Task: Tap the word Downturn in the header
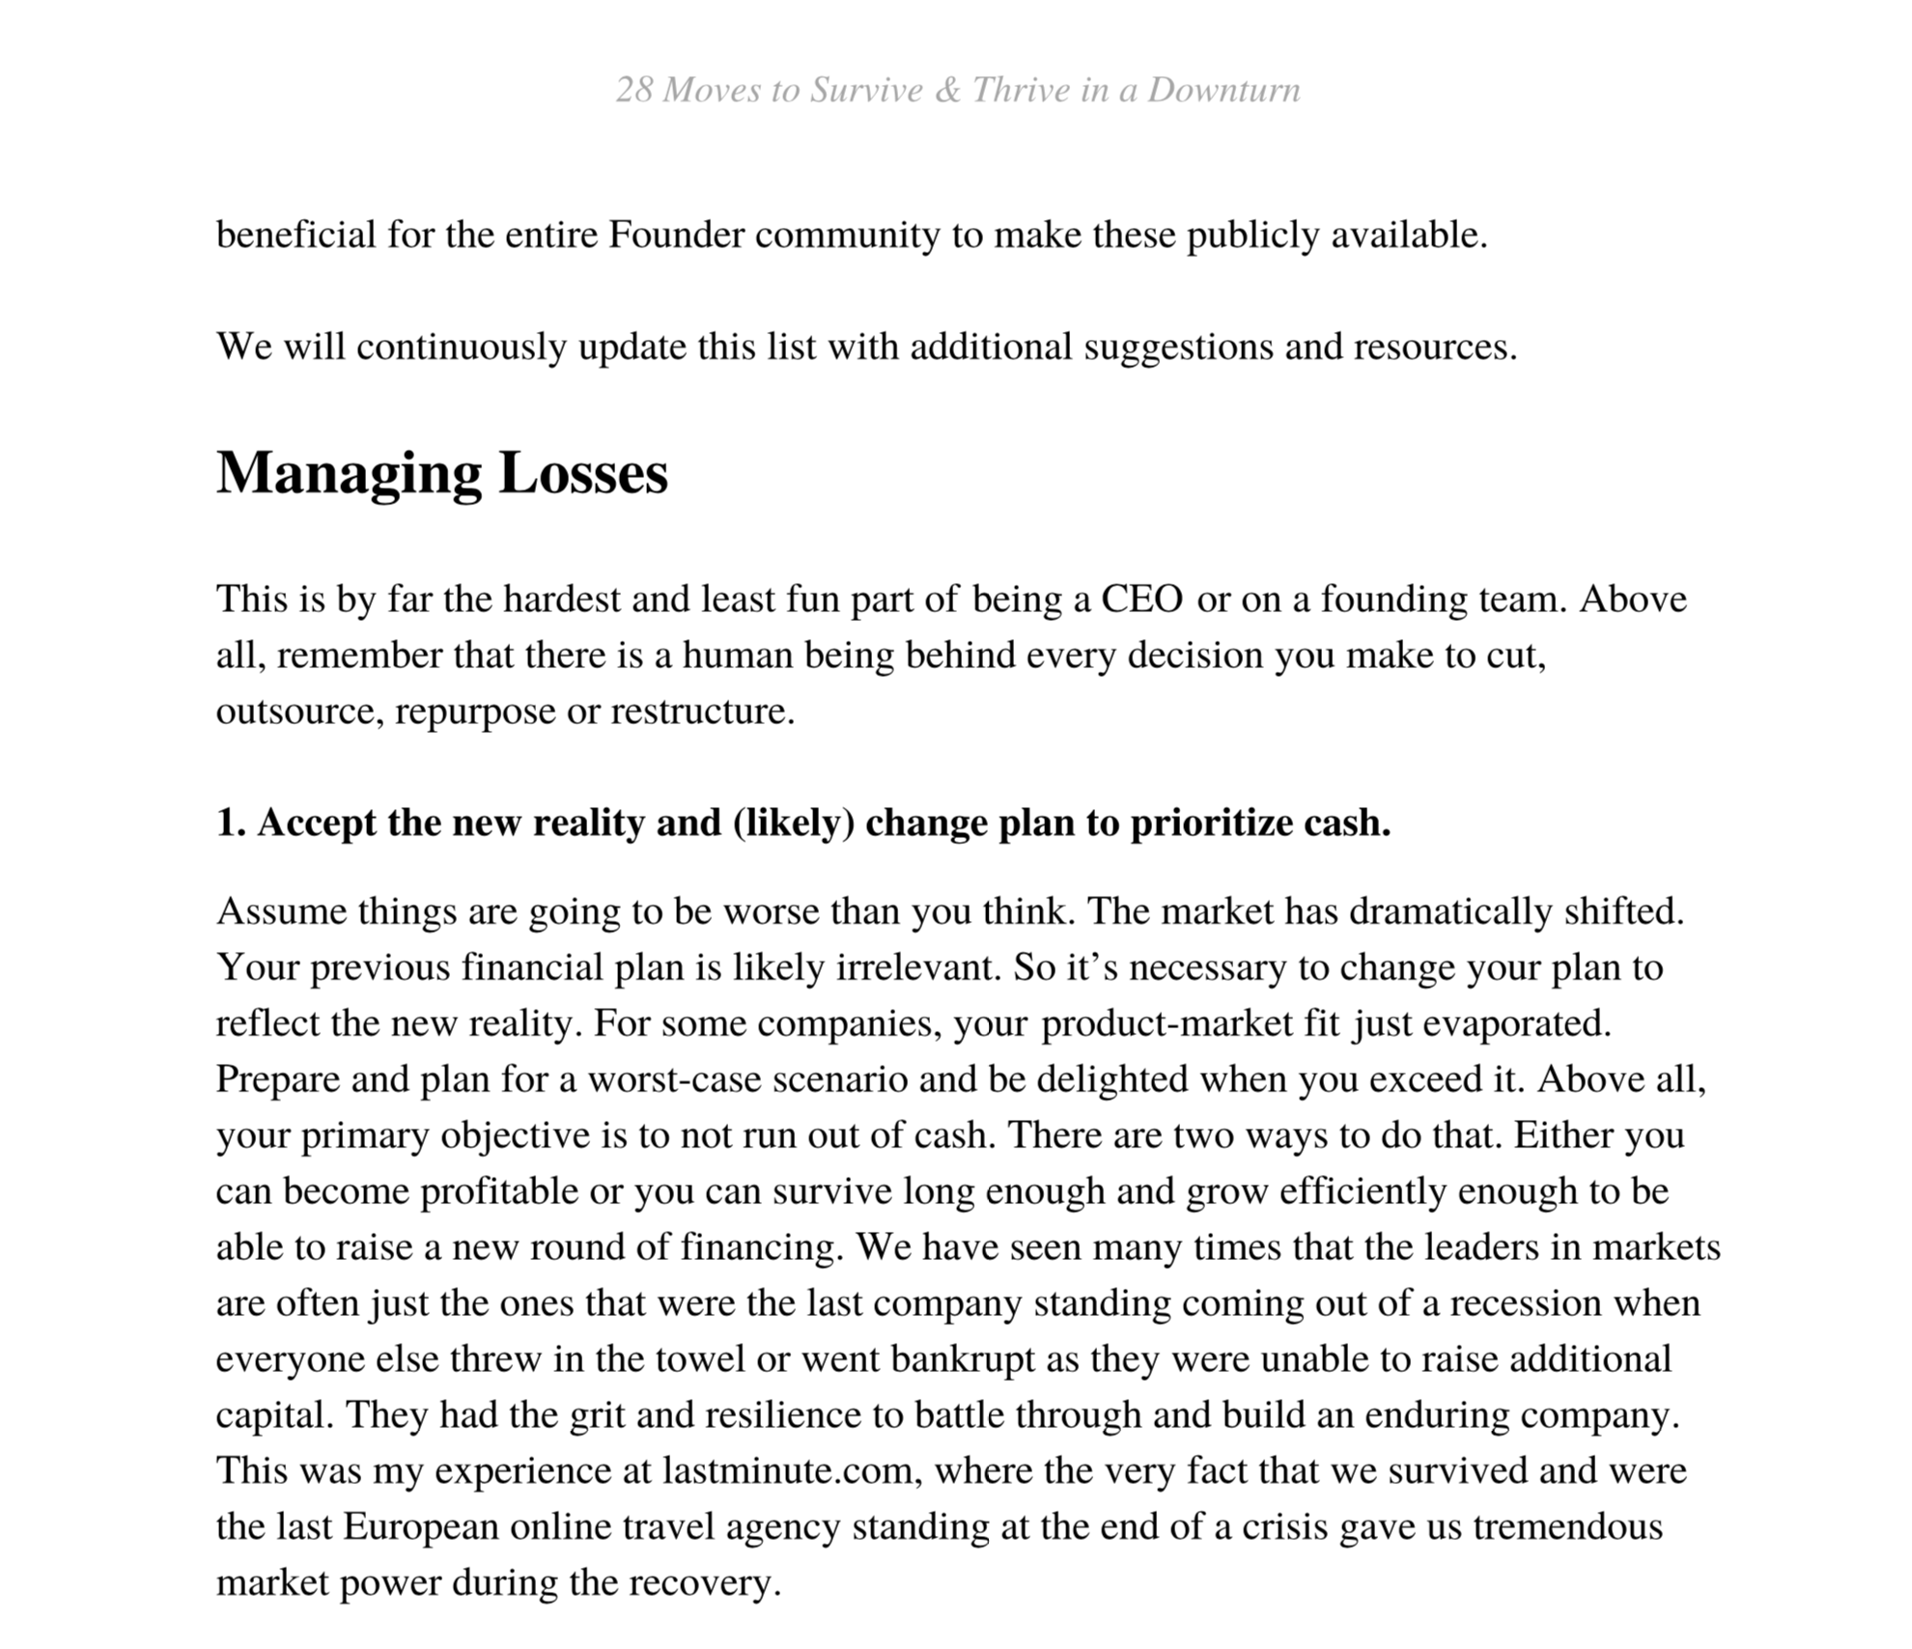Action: point(1223,91)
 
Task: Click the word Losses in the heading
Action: point(583,474)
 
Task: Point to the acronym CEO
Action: point(1142,601)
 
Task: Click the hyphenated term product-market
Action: point(1167,1024)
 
